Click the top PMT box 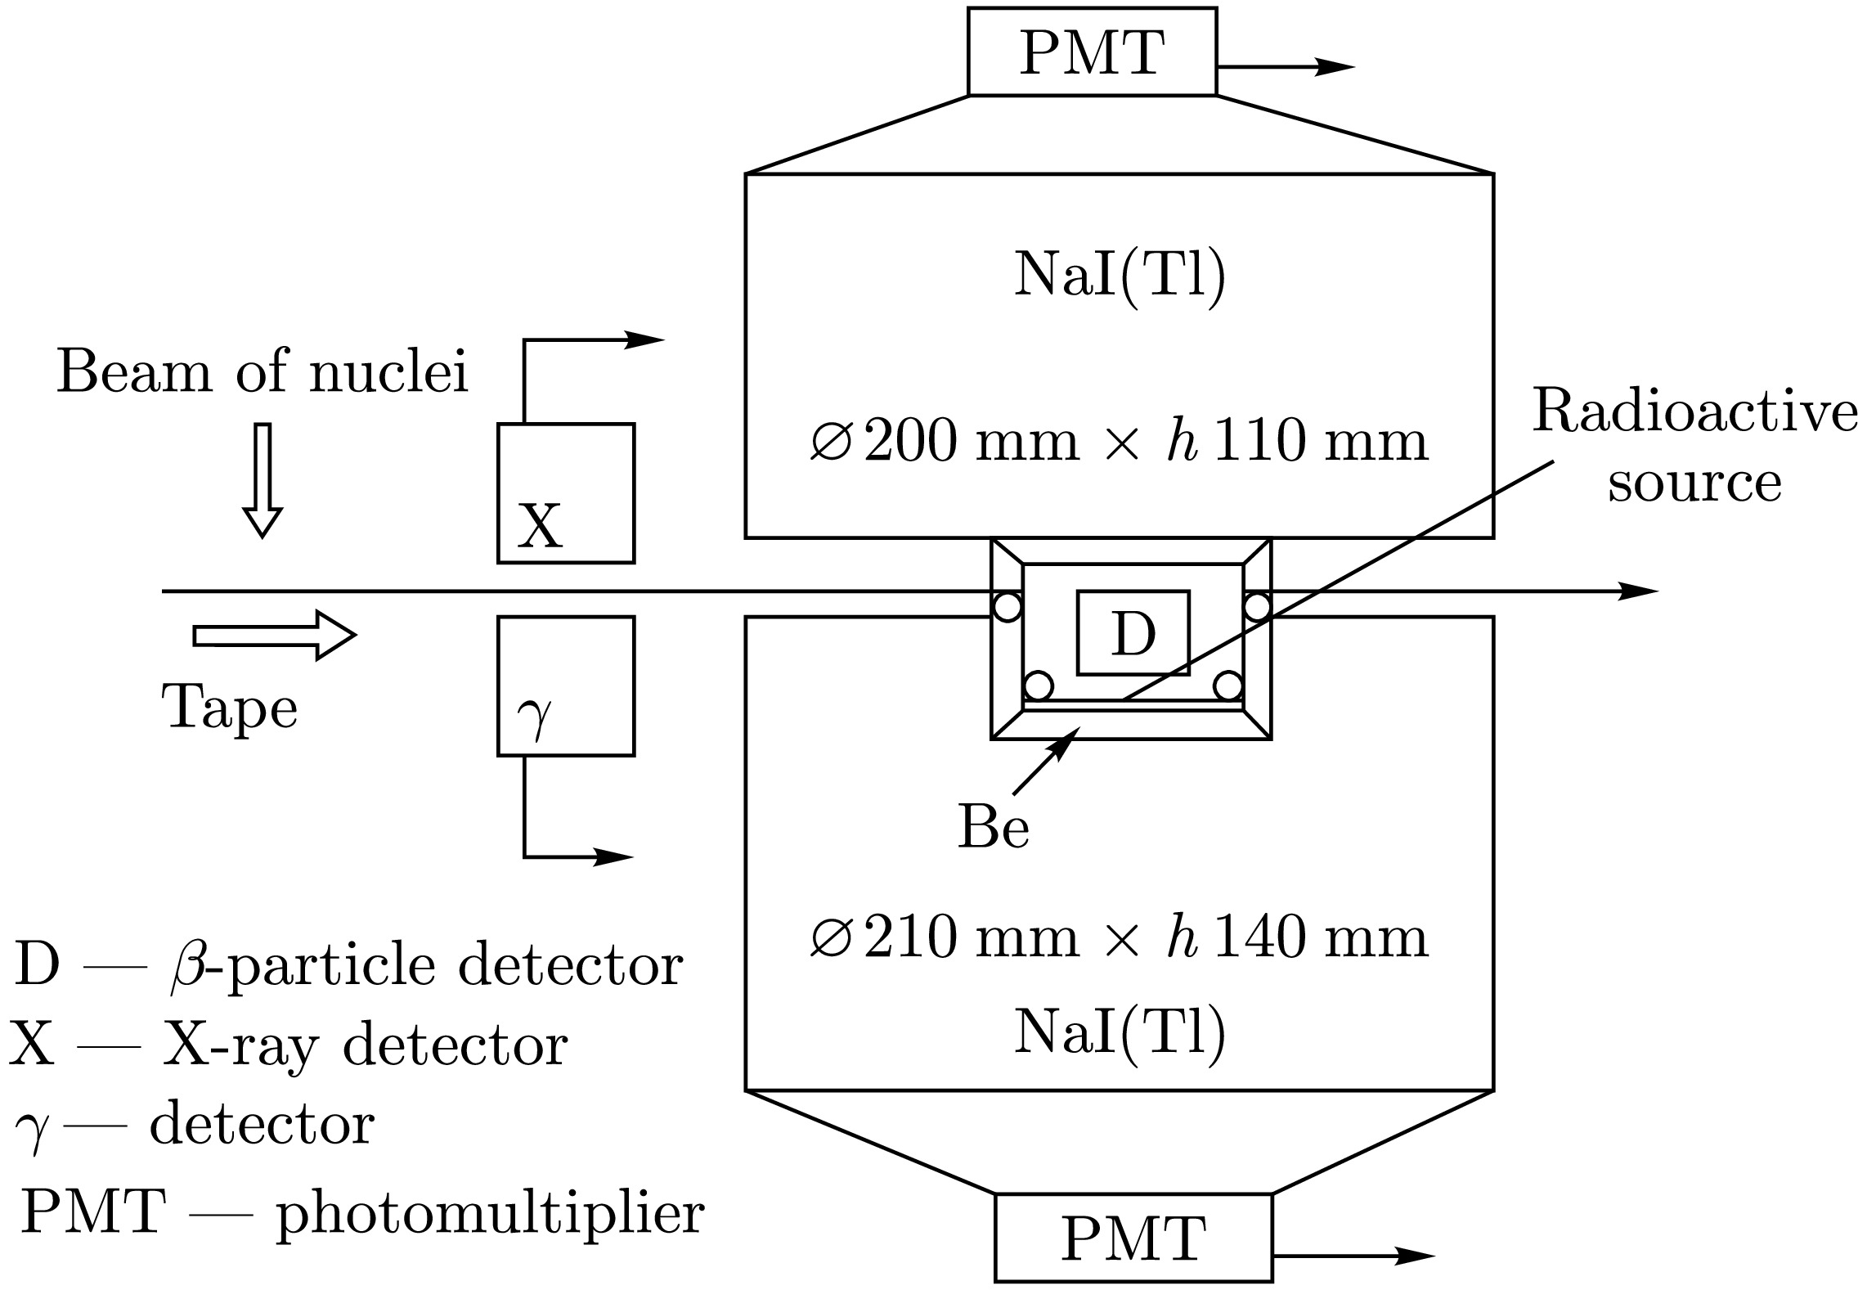(1092, 52)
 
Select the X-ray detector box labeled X (566, 493)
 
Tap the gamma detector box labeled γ (566, 685)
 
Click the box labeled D (1133, 633)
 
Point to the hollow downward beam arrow (263, 480)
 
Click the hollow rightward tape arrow (274, 635)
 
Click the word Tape (230, 708)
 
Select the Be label (993, 828)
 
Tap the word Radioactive (1694, 411)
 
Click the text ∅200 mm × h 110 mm (1119, 443)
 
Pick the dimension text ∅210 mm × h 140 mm (1119, 938)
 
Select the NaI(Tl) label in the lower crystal (1120, 1032)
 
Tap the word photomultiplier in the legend (490, 1214)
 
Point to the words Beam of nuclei (263, 373)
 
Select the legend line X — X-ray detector (288, 1045)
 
